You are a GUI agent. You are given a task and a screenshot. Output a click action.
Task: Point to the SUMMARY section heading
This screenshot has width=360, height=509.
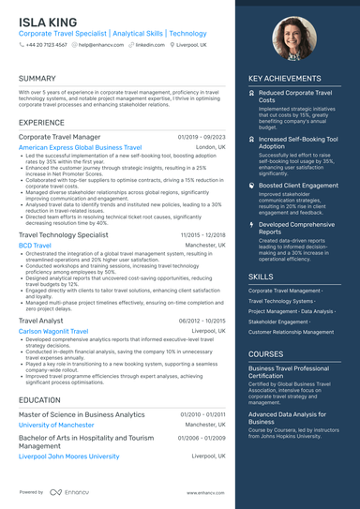(37, 79)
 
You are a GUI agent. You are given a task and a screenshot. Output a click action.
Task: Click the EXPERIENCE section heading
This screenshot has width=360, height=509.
(42, 123)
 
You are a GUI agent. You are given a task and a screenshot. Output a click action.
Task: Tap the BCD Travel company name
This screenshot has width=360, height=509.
(36, 245)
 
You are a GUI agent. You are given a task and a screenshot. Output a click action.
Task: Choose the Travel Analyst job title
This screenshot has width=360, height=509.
(41, 321)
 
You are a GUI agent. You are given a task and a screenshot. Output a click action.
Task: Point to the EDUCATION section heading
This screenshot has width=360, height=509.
(40, 400)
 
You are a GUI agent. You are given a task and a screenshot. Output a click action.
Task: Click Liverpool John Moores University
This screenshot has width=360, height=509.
(69, 457)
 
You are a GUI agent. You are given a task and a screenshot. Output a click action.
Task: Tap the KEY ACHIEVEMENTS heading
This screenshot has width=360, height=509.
(284, 79)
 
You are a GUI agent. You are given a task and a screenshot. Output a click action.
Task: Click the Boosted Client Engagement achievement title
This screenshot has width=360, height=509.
(297, 187)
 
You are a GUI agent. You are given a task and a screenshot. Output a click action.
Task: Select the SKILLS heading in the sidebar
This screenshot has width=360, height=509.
(262, 277)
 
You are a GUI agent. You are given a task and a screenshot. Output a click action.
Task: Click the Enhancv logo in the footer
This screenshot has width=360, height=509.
(67, 492)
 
